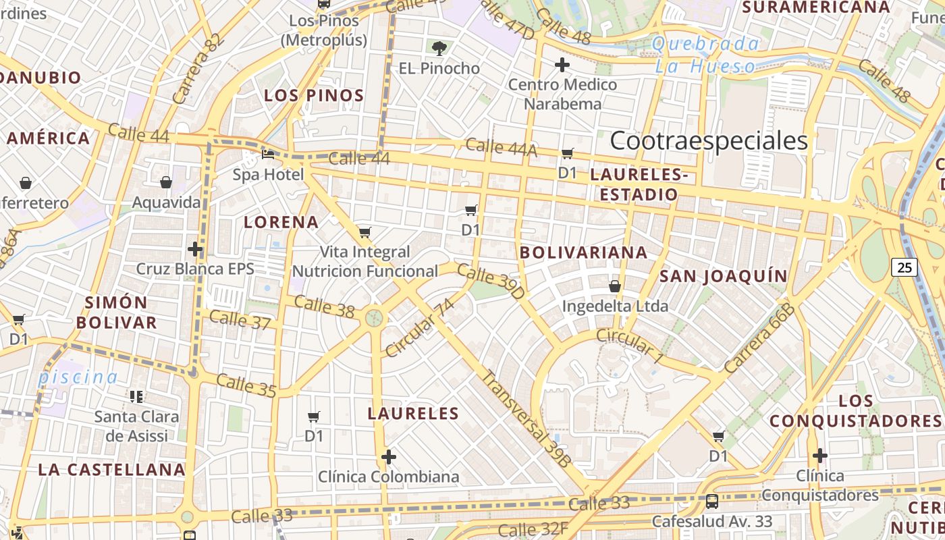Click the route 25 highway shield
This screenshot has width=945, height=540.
click(x=905, y=267)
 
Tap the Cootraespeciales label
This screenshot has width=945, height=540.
click(x=709, y=141)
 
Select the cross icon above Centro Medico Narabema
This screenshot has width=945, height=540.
click(x=562, y=65)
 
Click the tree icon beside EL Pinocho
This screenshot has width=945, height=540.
click(x=439, y=48)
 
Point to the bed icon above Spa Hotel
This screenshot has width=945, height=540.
click(x=268, y=155)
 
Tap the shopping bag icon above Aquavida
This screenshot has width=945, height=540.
click(x=166, y=182)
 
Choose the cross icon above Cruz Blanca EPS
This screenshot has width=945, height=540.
click(x=195, y=249)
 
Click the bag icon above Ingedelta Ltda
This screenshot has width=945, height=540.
click(x=615, y=286)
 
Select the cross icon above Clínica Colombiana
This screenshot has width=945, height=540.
click(x=388, y=457)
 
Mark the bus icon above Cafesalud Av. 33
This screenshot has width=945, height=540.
click(x=711, y=501)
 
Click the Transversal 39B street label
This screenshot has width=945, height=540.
click(x=526, y=418)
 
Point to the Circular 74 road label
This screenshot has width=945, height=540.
click(x=420, y=327)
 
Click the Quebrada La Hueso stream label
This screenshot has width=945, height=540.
click(x=705, y=55)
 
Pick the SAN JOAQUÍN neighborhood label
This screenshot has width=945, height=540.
click(x=723, y=276)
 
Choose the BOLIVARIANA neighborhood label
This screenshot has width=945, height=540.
click(x=584, y=252)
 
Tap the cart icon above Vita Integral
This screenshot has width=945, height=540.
click(x=364, y=232)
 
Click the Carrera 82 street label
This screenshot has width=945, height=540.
click(x=197, y=69)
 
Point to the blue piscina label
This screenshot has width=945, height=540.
click(x=78, y=377)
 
